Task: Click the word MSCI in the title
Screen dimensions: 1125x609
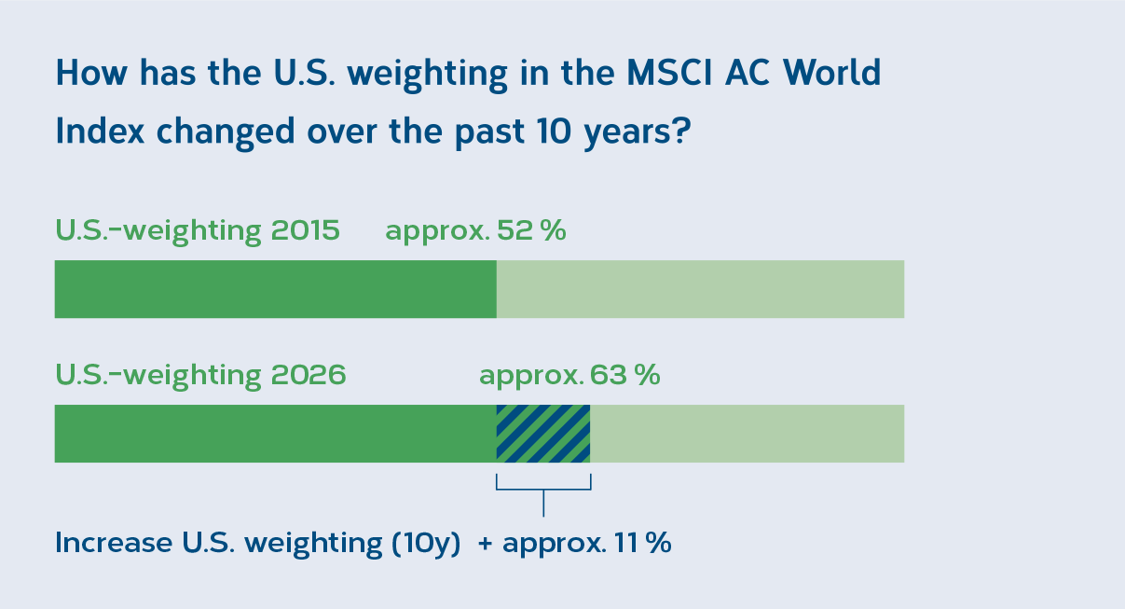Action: pos(669,73)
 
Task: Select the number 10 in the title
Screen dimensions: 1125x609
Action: pos(554,131)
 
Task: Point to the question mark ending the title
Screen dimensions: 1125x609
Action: pos(682,131)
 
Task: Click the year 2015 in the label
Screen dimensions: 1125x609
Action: pos(306,230)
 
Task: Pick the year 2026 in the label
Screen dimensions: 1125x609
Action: pos(309,375)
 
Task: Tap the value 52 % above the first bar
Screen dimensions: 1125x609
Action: pos(531,230)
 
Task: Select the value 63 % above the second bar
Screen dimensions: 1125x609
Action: pos(624,375)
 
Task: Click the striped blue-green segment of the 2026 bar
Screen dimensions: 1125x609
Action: pos(542,434)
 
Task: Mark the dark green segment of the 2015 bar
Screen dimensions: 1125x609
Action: pos(276,289)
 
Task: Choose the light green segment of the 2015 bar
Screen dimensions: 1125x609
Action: pos(700,289)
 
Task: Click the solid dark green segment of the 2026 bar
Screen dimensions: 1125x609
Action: pos(276,434)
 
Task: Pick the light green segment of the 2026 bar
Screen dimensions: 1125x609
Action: pos(747,434)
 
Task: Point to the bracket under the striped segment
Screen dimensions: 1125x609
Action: pos(543,489)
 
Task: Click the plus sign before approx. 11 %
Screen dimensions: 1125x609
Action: pos(486,544)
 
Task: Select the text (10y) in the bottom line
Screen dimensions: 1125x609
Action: pos(426,544)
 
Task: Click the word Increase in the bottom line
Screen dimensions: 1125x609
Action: pos(114,543)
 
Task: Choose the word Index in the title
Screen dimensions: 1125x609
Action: pos(100,131)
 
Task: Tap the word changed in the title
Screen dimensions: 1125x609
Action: pos(226,132)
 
